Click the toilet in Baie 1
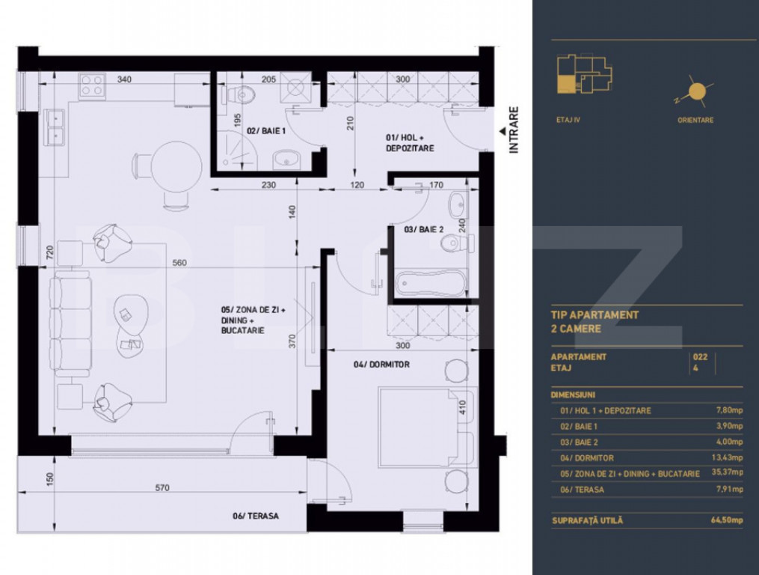(239, 94)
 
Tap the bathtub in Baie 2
(431, 284)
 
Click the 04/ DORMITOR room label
(381, 365)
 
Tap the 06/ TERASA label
(256, 516)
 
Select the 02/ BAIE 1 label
(266, 131)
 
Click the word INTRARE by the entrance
(514, 130)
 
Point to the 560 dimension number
(179, 263)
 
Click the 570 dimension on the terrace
(162, 487)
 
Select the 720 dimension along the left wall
(50, 252)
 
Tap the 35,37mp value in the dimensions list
(727, 472)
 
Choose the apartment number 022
(700, 357)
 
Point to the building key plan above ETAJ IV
(584, 73)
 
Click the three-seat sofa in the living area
(73, 323)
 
